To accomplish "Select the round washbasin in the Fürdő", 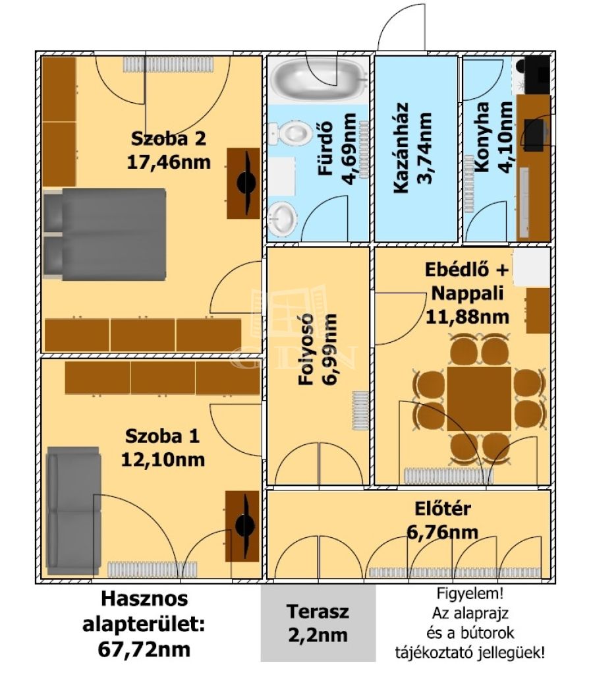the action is (x=282, y=218).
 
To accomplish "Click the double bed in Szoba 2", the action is (x=105, y=234).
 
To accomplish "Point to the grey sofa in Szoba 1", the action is (x=74, y=510).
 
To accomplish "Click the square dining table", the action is (x=479, y=399).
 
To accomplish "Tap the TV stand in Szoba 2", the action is (x=244, y=183).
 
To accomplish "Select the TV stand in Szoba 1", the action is (x=242, y=526).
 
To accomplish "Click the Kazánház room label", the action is (x=401, y=148).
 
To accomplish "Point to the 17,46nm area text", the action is (x=169, y=162).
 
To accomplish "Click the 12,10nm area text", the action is (x=163, y=459).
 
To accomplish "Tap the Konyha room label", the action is (x=482, y=137).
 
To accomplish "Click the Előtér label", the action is (x=443, y=508).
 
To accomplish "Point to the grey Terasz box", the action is (x=318, y=622).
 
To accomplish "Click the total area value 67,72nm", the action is (x=144, y=649).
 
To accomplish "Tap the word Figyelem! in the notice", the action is (x=470, y=594).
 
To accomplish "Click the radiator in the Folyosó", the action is (x=360, y=411).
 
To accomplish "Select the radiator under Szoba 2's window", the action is (x=168, y=64).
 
